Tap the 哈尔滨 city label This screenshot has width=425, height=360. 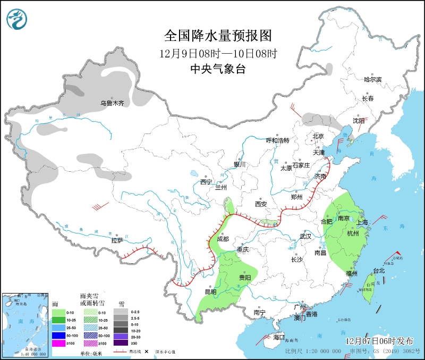coord(372,79)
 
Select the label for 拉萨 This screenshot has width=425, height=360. coord(117,240)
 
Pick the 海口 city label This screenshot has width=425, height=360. coord(279,337)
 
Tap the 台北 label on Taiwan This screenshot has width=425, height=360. coord(379,271)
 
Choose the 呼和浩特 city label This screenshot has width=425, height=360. coord(277,140)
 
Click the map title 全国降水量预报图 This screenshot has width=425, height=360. coord(218,36)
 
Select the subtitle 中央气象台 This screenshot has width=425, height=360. coord(218,69)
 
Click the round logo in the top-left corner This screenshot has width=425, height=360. coord(17,19)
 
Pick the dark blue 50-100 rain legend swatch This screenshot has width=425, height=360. coord(58,336)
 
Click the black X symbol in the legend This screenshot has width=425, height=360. coord(146,351)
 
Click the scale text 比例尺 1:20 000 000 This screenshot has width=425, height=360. coord(313,351)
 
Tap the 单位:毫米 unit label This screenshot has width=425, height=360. coord(91,351)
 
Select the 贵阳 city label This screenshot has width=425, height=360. coord(245,278)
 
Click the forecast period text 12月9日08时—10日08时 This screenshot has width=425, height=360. coord(218,53)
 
